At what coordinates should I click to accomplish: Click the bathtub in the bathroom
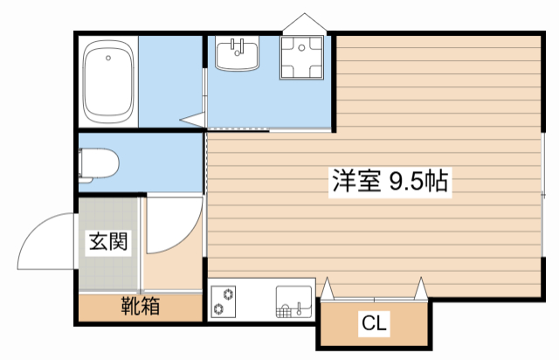coord(108,81)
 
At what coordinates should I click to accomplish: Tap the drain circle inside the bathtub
coord(108,58)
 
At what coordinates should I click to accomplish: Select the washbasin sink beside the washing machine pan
coord(237,52)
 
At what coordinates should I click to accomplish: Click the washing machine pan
coord(302,57)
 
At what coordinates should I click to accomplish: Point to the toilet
coord(99,165)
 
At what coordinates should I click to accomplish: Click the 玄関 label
coord(108,241)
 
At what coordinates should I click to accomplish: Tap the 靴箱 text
coord(140,306)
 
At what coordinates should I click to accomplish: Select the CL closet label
coord(374,323)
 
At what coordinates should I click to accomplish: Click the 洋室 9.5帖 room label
coord(390,181)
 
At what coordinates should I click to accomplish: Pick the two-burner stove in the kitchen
coord(224,301)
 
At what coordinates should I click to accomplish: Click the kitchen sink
coord(294,301)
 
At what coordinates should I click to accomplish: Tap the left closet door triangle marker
coord(327,287)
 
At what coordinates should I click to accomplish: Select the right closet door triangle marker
coord(421,287)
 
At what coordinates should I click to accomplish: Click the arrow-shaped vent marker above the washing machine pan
coord(305,24)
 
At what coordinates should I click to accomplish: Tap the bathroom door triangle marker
coord(192,120)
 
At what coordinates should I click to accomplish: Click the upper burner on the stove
coord(228,294)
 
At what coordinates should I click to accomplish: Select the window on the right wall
coord(543,195)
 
